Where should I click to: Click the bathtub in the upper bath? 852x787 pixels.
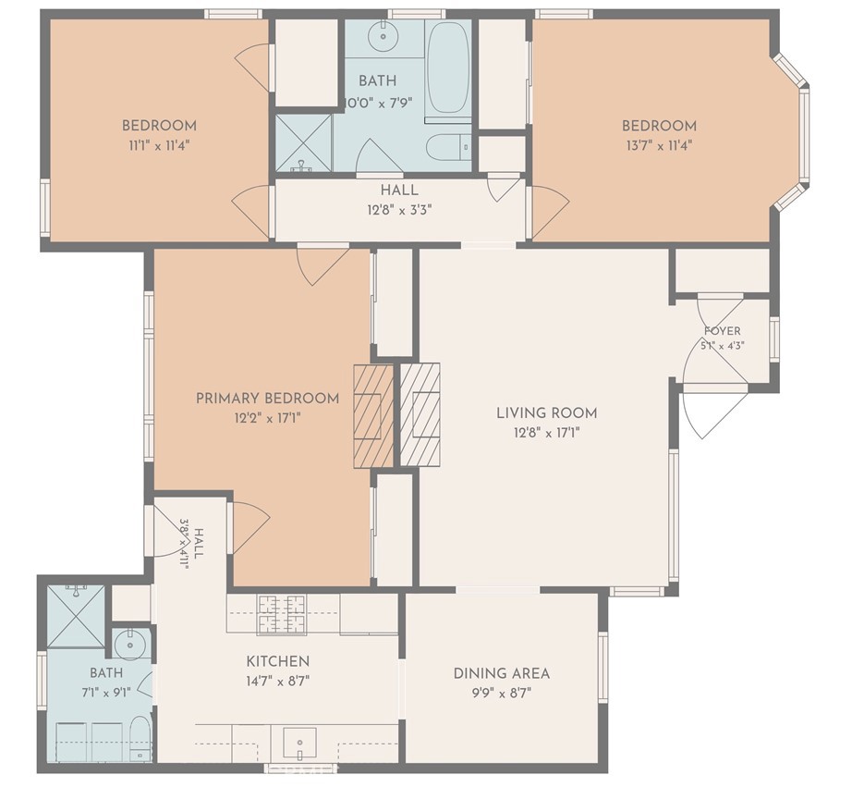pyautogui.click(x=447, y=68)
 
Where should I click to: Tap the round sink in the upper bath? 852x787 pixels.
pyautogui.click(x=383, y=36)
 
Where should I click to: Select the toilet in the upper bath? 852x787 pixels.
pyautogui.click(x=449, y=147)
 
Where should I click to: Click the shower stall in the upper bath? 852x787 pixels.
pyautogui.click(x=303, y=143)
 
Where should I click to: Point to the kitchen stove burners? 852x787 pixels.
pyautogui.click(x=282, y=614)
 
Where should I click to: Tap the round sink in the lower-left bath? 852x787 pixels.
pyautogui.click(x=130, y=646)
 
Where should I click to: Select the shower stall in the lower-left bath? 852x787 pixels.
pyautogui.click(x=76, y=617)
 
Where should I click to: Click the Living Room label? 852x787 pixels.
pyautogui.click(x=547, y=412)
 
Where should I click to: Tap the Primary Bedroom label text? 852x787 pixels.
pyautogui.click(x=267, y=398)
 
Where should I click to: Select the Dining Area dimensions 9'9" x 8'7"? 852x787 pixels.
pyautogui.click(x=501, y=693)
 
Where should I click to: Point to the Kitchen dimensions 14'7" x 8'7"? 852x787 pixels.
pyautogui.click(x=278, y=681)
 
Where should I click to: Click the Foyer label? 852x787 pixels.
pyautogui.click(x=722, y=331)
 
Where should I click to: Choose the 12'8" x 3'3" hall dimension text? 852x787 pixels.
pyautogui.click(x=399, y=209)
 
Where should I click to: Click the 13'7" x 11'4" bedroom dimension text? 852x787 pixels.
pyautogui.click(x=659, y=145)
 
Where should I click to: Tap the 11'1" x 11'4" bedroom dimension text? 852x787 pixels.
pyautogui.click(x=159, y=145)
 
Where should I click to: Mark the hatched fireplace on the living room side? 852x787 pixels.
pyautogui.click(x=420, y=414)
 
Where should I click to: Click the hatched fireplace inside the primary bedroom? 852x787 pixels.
pyautogui.click(x=373, y=415)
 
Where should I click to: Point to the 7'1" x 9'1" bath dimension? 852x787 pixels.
pyautogui.click(x=106, y=693)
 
